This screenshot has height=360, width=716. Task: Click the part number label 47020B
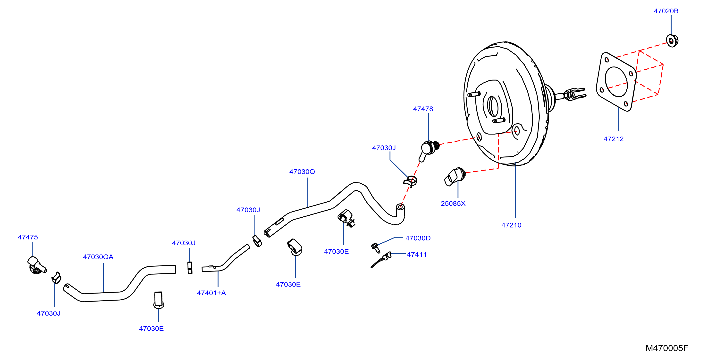click(666, 11)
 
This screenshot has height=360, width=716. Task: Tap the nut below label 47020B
click(672, 41)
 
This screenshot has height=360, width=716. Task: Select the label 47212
click(614, 139)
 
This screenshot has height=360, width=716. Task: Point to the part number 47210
click(511, 225)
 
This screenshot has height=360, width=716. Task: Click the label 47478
click(423, 109)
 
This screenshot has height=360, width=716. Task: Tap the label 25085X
click(453, 204)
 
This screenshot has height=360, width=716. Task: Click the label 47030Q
click(302, 172)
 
